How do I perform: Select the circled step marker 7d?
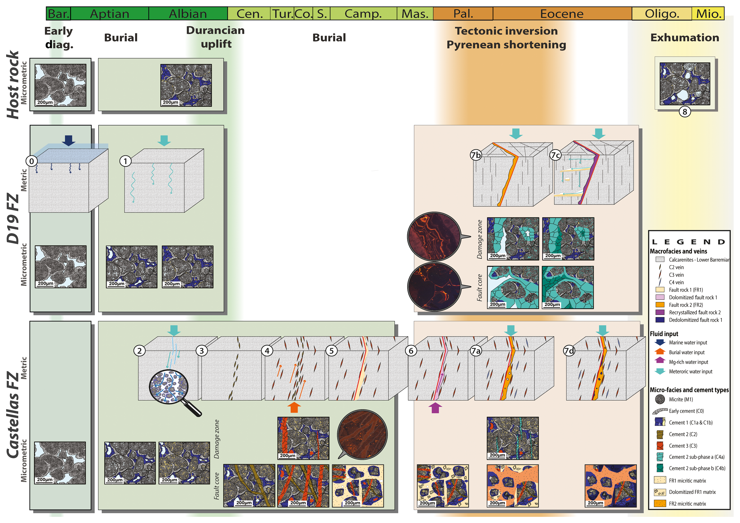[x=569, y=350]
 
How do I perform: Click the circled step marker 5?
[x=331, y=350]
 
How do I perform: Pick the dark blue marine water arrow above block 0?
[x=68, y=140]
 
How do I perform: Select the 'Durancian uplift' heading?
[x=216, y=37]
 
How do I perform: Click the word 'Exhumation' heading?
[x=685, y=38]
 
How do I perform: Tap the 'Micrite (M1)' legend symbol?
[x=660, y=399]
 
